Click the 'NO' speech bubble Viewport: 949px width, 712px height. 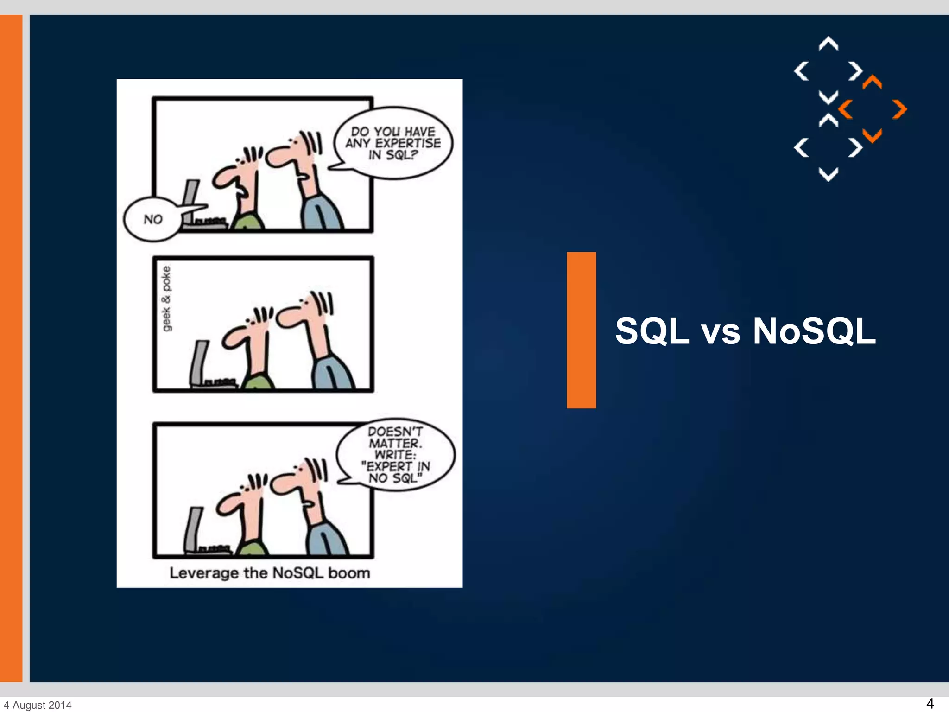pyautogui.click(x=152, y=219)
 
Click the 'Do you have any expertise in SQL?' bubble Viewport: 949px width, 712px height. pyautogui.click(x=393, y=143)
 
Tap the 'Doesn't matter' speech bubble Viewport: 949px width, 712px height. pyautogui.click(x=395, y=455)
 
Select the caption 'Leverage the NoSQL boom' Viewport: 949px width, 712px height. pyautogui.click(x=270, y=573)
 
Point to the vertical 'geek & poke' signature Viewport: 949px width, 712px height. pyautogui.click(x=166, y=299)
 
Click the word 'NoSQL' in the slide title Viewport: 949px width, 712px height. pyautogui.click(x=814, y=331)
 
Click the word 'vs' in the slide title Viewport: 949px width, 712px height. pyautogui.click(x=721, y=332)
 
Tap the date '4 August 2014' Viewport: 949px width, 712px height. pyautogui.click(x=38, y=705)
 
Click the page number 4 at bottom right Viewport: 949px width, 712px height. pyautogui.click(x=930, y=703)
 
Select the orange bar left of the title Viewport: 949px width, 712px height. pyautogui.click(x=581, y=330)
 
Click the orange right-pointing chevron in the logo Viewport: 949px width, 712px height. pyautogui.click(x=900, y=109)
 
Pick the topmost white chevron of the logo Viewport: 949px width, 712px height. pyautogui.click(x=828, y=44)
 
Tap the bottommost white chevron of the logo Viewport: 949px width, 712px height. pyautogui.click(x=828, y=174)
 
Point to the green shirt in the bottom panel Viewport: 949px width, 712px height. pyautogui.click(x=253, y=547)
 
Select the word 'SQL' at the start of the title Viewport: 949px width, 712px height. pyautogui.click(x=652, y=331)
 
